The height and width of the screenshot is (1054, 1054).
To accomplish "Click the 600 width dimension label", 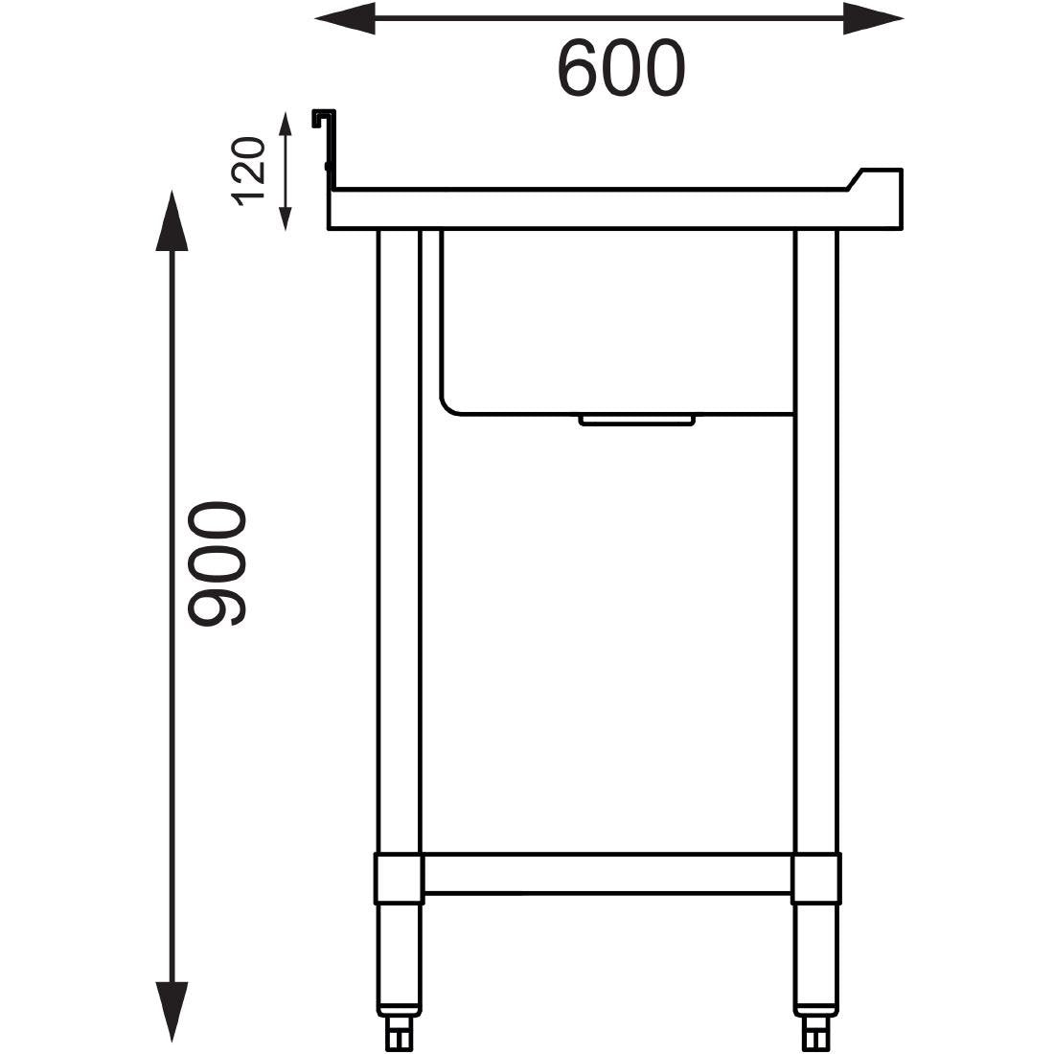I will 621,69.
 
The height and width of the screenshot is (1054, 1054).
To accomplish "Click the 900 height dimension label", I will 217,564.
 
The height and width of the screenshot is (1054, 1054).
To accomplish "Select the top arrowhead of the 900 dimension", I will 172,220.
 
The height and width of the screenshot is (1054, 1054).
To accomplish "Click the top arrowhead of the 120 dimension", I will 285,126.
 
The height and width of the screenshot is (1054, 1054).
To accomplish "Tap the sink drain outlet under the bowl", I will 637,420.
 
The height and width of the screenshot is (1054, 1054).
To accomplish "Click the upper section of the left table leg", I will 399,383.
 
